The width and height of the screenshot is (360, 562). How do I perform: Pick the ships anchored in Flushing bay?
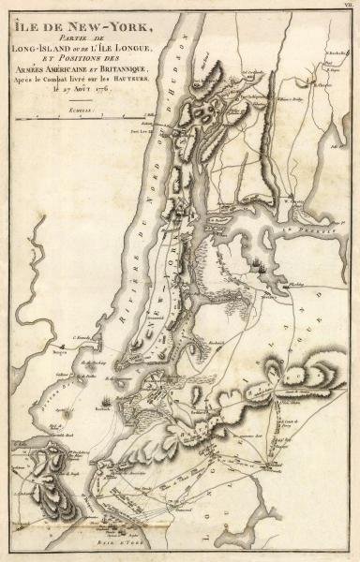[260, 267]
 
